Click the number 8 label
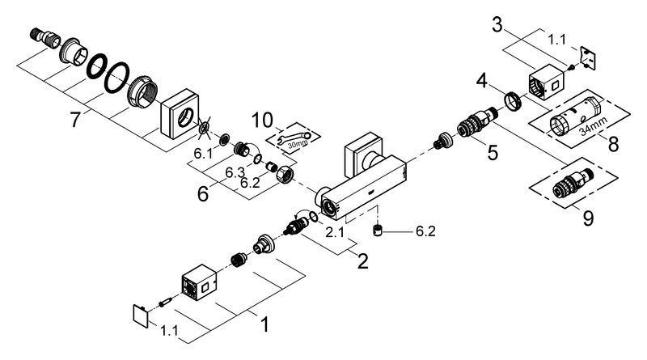click(613, 146)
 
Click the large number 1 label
click(263, 324)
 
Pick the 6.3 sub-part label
click(235, 172)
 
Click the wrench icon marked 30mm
click(294, 139)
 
